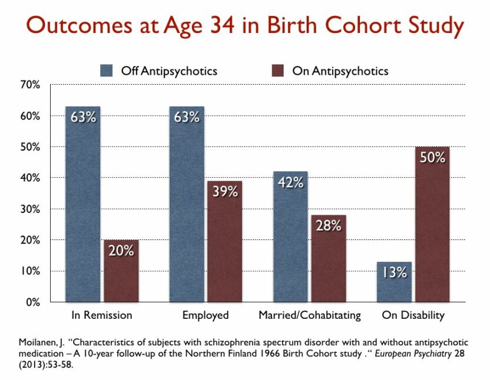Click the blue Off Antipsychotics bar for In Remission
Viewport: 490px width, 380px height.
pyautogui.click(x=82, y=206)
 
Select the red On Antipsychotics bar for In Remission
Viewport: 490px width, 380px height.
pyautogui.click(x=121, y=274)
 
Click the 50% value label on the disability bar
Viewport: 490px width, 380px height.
pyautogui.click(x=432, y=157)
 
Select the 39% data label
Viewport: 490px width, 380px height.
pyautogui.click(x=225, y=191)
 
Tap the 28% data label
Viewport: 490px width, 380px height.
pyautogui.click(x=329, y=226)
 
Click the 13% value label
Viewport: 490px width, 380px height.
pyautogui.click(x=393, y=272)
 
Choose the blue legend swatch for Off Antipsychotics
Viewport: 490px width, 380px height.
pyautogui.click(x=107, y=71)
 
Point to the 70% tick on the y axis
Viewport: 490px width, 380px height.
pyautogui.click(x=29, y=85)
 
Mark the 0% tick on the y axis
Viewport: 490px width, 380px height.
pyautogui.click(x=31, y=302)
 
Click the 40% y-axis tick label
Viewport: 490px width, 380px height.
pyautogui.click(x=29, y=178)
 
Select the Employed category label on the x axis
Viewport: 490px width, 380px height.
pyautogui.click(x=206, y=315)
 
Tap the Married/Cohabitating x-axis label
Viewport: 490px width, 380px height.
pyautogui.click(x=310, y=315)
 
